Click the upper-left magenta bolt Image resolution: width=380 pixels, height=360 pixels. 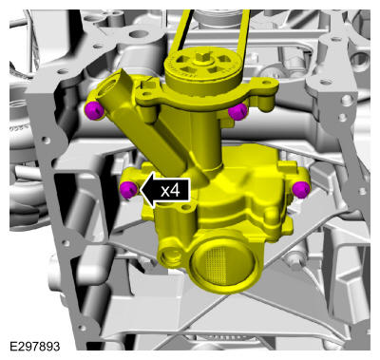(94, 111)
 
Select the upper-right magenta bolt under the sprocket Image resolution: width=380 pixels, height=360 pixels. (237, 111)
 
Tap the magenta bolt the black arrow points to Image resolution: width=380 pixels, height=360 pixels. (128, 190)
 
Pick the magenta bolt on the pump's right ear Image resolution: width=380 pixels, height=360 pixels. (301, 190)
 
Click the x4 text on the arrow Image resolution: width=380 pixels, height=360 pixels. (170, 191)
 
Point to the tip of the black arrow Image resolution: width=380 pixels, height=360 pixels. (140, 191)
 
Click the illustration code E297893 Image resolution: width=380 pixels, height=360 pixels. (34, 346)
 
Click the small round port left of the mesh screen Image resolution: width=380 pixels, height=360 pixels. (171, 256)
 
